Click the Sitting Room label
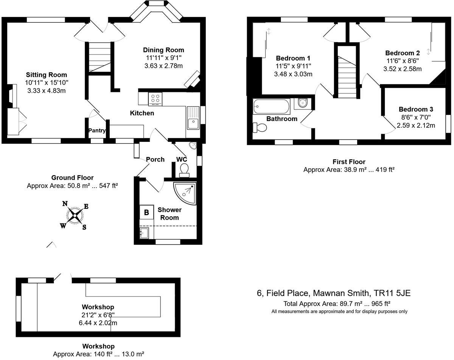pos(47,74)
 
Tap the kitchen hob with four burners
pos(155,99)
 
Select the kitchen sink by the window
pos(193,118)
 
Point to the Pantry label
pos(97,130)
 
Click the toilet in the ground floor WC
pos(184,171)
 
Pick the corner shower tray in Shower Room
pos(185,193)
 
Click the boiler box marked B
pos(146,212)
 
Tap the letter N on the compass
pos(65,203)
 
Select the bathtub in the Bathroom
pos(271,106)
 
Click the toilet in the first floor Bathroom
pos(260,127)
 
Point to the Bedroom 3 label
pos(416,109)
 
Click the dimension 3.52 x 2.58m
pos(403,69)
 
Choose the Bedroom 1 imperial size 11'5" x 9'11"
pos(293,66)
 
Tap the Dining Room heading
pos(163,50)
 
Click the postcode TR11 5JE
pos(392,293)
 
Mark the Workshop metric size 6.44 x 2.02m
pos(98,323)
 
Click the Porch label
pos(155,160)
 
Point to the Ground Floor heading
pos(72,178)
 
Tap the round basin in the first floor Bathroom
pos(303,103)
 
